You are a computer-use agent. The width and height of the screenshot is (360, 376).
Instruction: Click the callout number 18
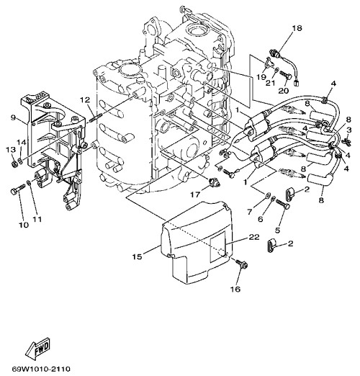tap(297, 28)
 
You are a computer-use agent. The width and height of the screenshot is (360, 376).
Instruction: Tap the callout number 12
tap(84, 99)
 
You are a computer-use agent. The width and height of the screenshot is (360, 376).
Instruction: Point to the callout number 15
tap(138, 256)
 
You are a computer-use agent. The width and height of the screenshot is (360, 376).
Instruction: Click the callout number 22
tap(254, 237)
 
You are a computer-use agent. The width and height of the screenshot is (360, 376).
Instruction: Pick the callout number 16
tap(235, 289)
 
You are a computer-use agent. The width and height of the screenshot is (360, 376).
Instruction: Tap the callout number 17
tap(195, 194)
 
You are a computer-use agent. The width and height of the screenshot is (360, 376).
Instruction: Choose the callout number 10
tap(24, 225)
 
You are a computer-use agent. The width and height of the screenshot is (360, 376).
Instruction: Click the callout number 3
tap(349, 130)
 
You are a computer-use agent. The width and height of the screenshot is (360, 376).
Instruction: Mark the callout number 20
tap(284, 91)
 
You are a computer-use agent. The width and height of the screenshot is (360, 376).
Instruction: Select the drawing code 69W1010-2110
tap(41, 369)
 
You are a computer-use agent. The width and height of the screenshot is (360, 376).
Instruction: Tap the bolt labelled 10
tap(18, 189)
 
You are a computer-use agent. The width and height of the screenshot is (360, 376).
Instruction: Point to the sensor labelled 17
tap(214, 183)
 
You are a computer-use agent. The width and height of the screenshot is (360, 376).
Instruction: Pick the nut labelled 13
tap(14, 164)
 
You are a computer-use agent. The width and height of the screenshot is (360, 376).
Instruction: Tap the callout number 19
tap(261, 77)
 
